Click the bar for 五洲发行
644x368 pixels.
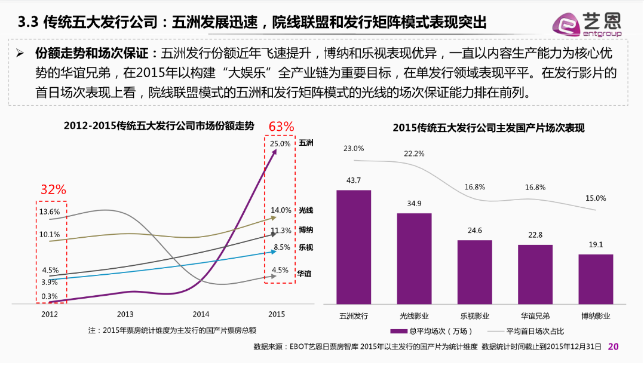[354, 247]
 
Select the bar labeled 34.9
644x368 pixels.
[414, 258]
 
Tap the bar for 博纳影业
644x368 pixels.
[596, 279]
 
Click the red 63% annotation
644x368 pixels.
[281, 127]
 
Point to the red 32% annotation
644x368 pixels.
[53, 189]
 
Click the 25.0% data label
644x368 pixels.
[280, 144]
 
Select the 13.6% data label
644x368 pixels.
[49, 211]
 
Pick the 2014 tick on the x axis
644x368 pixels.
[201, 314]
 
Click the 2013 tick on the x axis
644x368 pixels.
[125, 314]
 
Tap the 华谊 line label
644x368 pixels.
[305, 273]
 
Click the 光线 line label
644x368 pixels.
[306, 210]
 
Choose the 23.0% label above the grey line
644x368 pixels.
[354, 148]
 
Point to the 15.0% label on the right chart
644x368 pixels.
[596, 198]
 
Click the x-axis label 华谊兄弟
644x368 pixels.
[535, 315]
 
